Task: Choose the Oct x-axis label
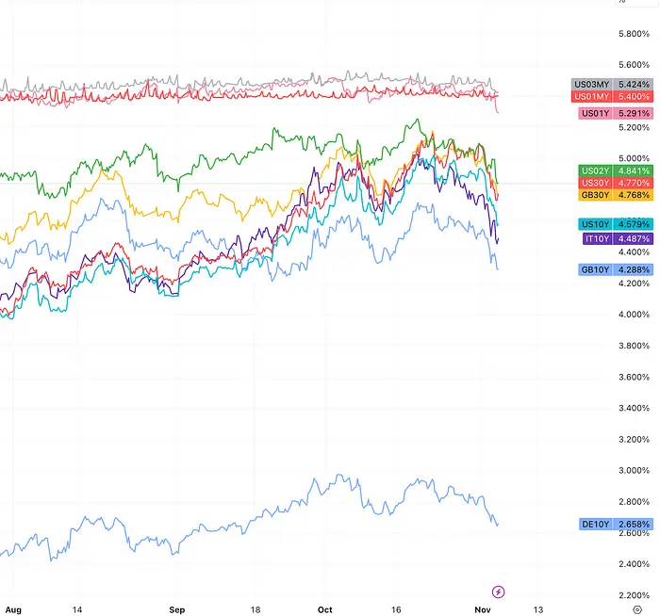326,608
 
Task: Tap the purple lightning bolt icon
499,592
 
